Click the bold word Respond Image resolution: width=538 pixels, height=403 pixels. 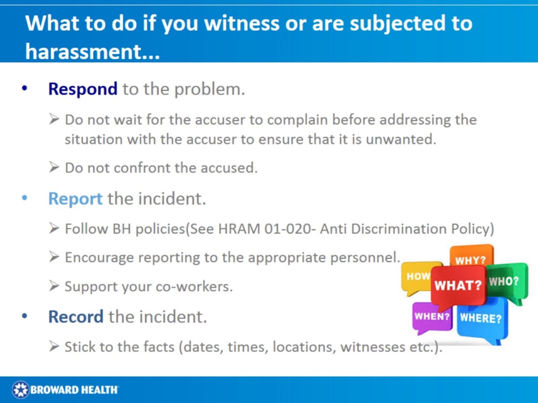click(82, 89)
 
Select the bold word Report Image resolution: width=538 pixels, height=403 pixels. click(75, 198)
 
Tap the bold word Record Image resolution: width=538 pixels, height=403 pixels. click(76, 317)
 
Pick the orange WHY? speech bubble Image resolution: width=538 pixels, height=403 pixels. click(471, 259)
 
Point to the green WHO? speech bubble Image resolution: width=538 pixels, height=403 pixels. click(505, 281)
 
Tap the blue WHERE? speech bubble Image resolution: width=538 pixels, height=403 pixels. click(482, 318)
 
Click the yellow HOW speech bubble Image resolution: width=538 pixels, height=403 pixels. click(416, 276)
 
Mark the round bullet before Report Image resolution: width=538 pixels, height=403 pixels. click(24, 198)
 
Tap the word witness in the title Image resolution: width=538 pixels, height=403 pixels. click(243, 23)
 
